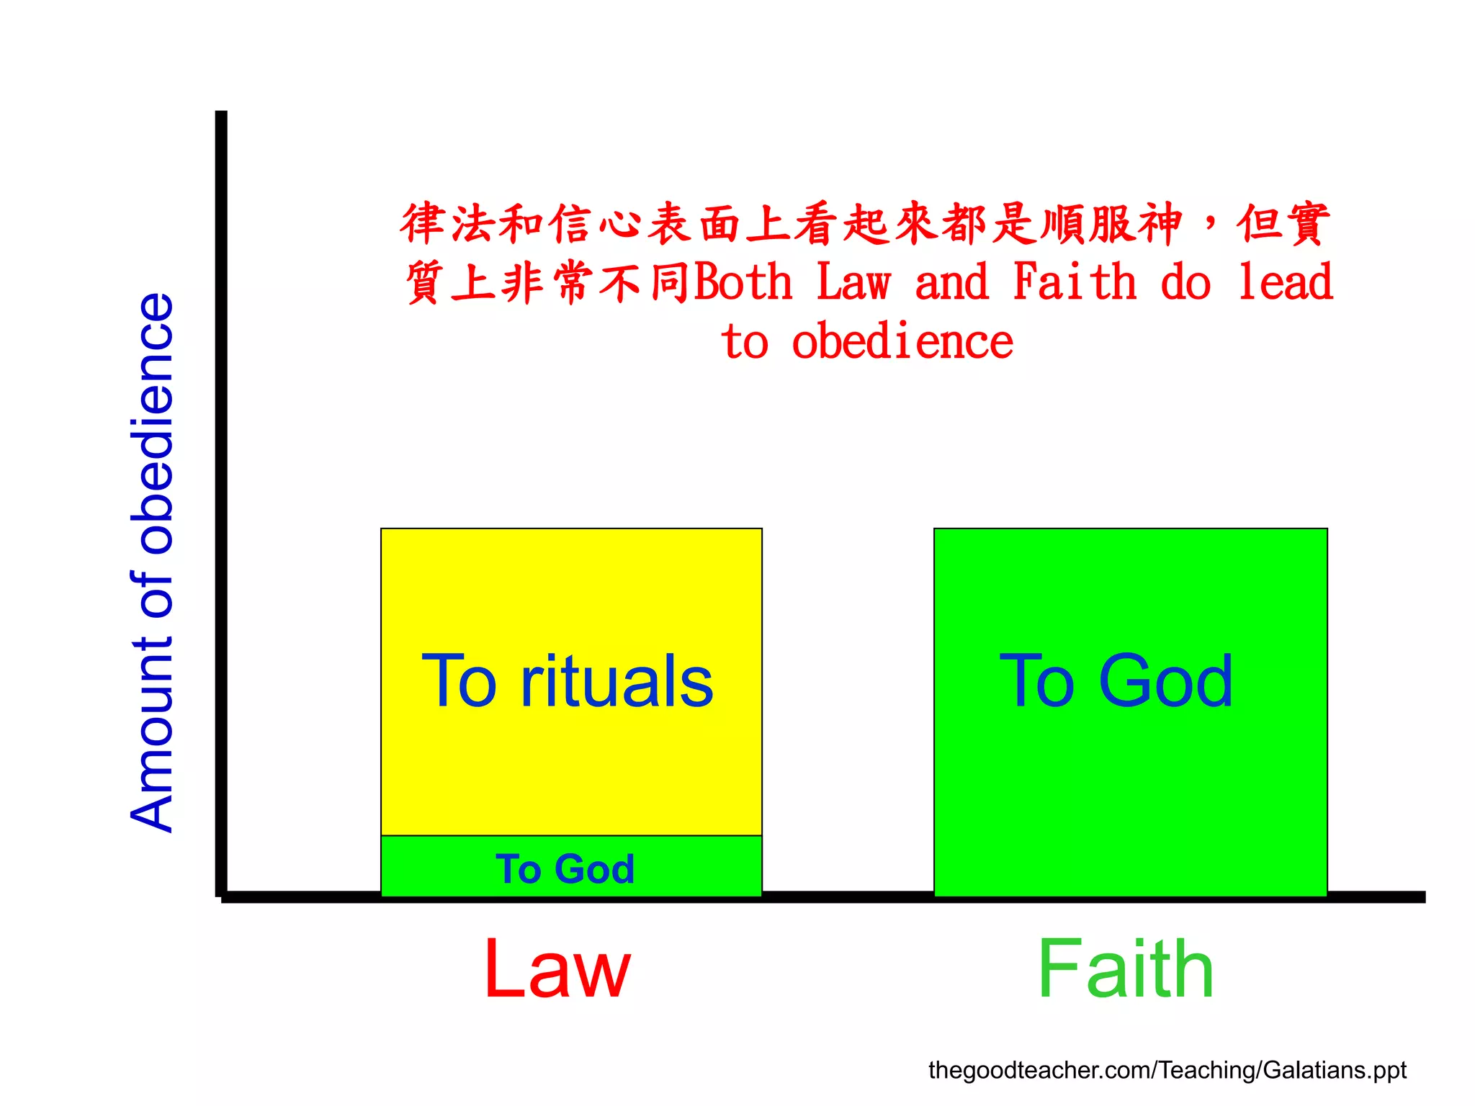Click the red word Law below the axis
pos(557,969)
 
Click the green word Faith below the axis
pos(1125,969)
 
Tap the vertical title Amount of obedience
pos(153,563)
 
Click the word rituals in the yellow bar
pos(617,681)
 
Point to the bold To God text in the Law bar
pos(565,868)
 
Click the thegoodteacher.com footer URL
pos(1167,1070)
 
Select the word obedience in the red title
pos(902,341)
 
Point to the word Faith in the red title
pos(1075,282)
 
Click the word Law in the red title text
pos(854,282)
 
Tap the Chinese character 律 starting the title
pos(423,223)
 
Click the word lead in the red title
pos(1285,282)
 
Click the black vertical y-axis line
pos(221,504)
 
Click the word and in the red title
pos(952,282)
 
